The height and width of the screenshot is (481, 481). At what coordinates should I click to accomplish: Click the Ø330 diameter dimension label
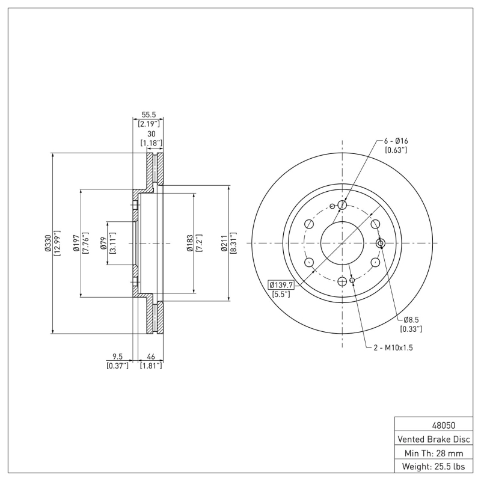point(47,243)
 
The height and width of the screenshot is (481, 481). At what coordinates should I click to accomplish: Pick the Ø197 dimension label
point(76,243)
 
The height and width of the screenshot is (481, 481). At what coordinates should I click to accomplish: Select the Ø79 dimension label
point(104,243)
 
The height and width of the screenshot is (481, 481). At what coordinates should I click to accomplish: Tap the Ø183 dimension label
point(190,243)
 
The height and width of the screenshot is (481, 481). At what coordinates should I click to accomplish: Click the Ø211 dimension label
point(224,243)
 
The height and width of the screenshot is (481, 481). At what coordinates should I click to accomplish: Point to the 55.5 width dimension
point(149,114)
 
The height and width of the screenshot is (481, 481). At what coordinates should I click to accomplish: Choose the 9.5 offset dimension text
point(118,356)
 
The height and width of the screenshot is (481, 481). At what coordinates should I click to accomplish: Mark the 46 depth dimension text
point(150,356)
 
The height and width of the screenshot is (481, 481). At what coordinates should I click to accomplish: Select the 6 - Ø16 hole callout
point(396,141)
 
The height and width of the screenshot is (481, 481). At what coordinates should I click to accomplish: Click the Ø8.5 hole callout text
point(411,320)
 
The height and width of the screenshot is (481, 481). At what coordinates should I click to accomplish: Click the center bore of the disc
point(342,243)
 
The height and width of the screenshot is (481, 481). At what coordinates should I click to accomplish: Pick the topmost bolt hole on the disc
point(342,205)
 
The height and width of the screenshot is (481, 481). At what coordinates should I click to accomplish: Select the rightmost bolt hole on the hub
point(379,243)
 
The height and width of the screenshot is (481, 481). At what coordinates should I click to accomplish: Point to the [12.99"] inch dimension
point(58,243)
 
